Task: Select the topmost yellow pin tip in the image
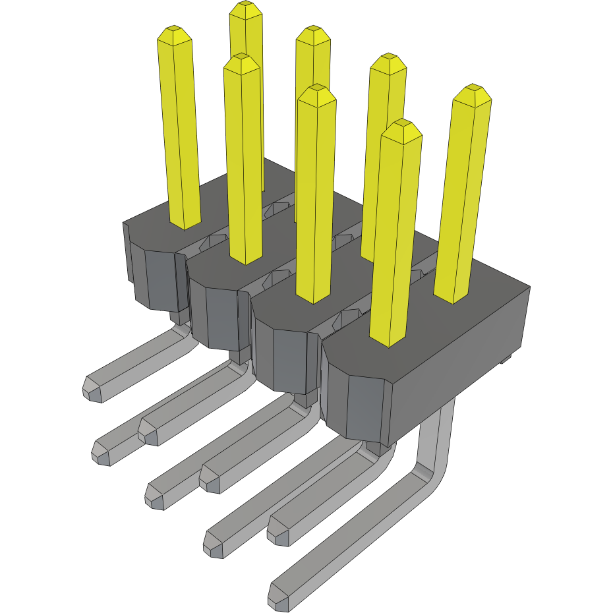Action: tap(247, 8)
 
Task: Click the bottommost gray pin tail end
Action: tap(279, 596)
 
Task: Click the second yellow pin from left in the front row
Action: tap(244, 165)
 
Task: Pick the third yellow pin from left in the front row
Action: tap(315, 198)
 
